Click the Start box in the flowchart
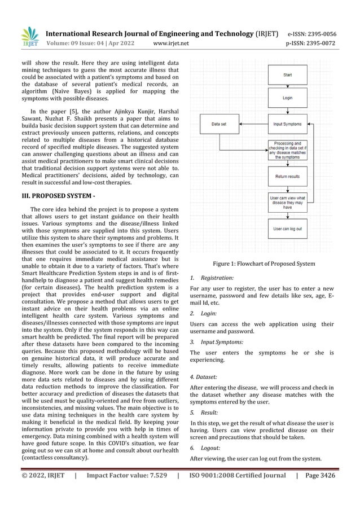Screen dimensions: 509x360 point(287,74)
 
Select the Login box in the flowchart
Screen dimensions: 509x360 point(287,98)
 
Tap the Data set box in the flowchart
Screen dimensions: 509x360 point(220,124)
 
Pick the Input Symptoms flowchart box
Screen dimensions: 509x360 point(287,124)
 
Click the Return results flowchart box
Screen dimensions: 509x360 point(287,177)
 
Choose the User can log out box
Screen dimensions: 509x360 point(287,229)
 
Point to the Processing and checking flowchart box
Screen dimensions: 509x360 point(287,150)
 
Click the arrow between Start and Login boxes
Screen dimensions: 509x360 point(287,86)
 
